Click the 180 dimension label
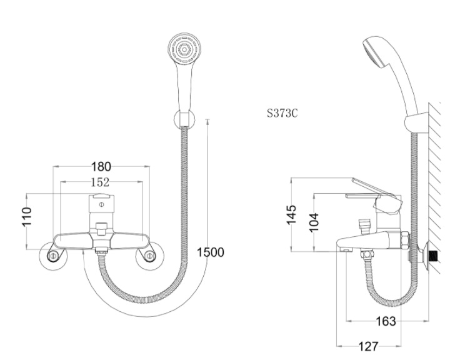(101, 166)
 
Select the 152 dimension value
(100, 182)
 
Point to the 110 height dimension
(27, 217)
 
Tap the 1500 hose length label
(211, 252)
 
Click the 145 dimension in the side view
(291, 214)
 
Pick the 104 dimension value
(314, 222)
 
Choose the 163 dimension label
(386, 321)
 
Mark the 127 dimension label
(369, 346)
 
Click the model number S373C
(282, 113)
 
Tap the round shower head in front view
(184, 49)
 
